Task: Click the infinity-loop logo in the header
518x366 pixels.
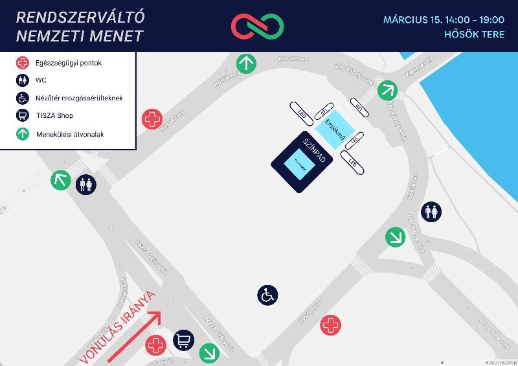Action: click(258, 26)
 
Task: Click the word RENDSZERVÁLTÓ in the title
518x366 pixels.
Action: click(80, 16)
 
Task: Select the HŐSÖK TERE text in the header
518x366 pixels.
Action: click(474, 34)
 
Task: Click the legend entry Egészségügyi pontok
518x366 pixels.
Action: click(69, 63)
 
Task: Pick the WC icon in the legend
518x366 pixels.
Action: click(23, 80)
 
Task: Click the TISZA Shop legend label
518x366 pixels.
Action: click(55, 115)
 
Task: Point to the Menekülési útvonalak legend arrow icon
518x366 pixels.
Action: click(23, 134)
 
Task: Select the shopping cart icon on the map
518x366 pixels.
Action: click(183, 339)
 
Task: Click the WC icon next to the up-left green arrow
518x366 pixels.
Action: click(86, 184)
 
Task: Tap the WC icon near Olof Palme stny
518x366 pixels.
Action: click(432, 211)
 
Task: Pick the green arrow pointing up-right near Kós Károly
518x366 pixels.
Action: click(387, 89)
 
